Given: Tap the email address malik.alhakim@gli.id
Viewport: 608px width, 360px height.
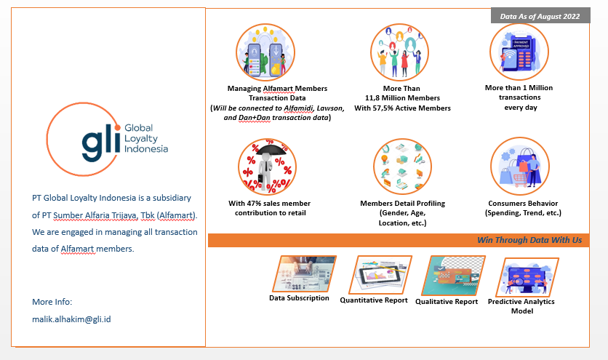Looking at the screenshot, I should [71, 319].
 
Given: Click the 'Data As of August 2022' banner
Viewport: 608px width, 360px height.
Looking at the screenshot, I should [540, 15].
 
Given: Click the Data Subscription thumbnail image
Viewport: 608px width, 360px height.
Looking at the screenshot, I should [304, 273].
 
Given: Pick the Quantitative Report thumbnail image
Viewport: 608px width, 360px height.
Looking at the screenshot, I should [381, 273].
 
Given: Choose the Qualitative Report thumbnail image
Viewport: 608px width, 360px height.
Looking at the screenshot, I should [452, 275].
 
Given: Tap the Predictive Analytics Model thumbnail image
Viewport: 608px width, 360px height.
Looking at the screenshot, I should [521, 275].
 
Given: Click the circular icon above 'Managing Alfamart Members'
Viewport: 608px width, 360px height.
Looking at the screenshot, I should [265, 53].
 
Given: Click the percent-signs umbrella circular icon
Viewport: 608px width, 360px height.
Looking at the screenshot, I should [268, 167].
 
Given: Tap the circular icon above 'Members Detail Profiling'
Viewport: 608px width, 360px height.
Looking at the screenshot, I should [402, 167].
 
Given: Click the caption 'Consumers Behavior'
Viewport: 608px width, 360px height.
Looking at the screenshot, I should [523, 203].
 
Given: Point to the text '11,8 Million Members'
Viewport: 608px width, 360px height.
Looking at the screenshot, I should [402, 97].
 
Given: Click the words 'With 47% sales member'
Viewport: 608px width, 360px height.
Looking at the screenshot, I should [265, 203].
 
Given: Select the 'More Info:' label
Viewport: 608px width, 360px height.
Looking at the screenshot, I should [52, 301].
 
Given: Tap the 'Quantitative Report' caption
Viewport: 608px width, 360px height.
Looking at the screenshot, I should [373, 300].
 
